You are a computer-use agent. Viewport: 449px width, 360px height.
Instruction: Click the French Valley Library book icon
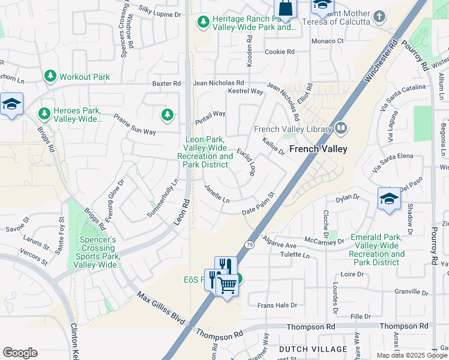tap(341, 128)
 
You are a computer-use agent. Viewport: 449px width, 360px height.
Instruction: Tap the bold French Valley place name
tap(319, 149)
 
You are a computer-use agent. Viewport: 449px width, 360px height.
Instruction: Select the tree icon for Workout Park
tap(50, 76)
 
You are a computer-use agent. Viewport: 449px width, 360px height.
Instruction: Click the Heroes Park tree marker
tap(44, 113)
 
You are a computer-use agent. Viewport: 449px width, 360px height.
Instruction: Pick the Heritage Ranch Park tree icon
tap(203, 22)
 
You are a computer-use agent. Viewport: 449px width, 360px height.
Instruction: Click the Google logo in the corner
tap(20, 353)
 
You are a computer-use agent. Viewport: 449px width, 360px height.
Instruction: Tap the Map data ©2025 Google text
tap(412, 355)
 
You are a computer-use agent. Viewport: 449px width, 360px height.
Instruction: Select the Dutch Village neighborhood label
tap(313, 349)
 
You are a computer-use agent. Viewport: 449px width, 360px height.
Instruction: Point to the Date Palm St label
tap(258, 204)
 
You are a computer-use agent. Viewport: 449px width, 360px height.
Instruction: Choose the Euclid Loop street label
tap(246, 162)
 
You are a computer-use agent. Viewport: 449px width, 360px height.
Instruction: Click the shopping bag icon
tap(286, 8)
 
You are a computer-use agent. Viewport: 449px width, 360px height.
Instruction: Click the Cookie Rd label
tap(280, 52)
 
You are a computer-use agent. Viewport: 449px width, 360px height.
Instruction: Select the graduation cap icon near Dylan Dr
tap(389, 199)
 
